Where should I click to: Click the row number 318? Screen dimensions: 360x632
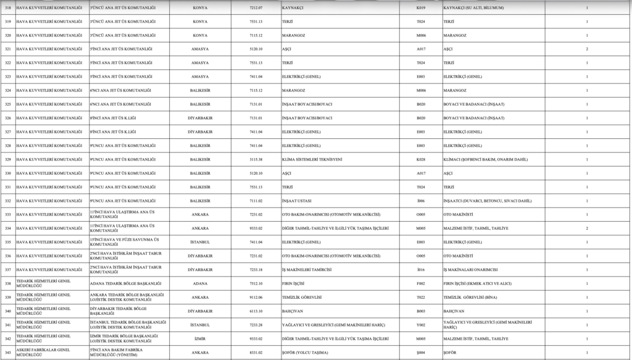coord(8,7)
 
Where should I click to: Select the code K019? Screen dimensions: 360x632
coord(421,7)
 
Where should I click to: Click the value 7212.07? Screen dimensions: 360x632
coord(247,7)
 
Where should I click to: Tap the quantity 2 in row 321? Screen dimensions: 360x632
coord(586,49)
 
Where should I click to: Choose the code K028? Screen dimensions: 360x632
coord(421,159)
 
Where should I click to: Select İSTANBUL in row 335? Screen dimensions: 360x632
coord(200,242)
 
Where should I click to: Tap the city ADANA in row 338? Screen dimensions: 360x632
coord(200,283)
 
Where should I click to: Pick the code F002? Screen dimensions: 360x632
coord(421,283)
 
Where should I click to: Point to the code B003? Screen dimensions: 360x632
coord(421,311)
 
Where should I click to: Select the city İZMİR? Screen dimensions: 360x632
coord(200,338)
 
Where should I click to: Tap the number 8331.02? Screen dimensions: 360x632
coord(247,353)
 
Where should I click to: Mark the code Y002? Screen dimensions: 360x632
coord(421,325)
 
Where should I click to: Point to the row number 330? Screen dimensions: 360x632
coord(8,173)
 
